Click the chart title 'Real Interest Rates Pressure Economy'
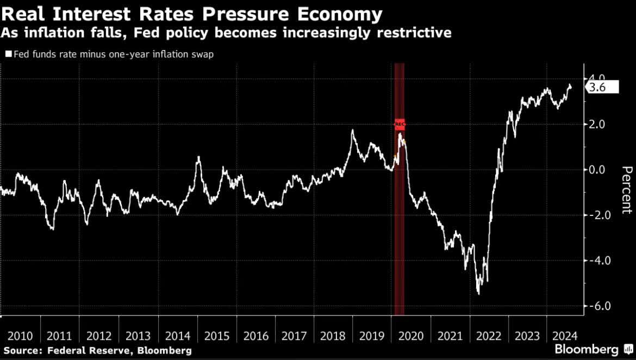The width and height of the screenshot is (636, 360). click(x=191, y=14)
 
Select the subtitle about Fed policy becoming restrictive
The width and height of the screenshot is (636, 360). click(x=226, y=33)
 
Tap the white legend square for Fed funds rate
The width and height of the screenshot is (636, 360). click(x=9, y=54)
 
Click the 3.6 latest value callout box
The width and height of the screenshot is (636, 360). click(x=602, y=87)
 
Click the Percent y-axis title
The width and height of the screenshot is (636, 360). click(x=627, y=190)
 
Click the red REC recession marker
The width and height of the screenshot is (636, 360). click(x=400, y=124)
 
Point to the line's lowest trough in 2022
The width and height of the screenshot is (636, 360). click(x=478, y=294)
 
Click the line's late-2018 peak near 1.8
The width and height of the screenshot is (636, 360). click(x=352, y=130)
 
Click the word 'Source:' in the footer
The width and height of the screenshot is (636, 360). click(x=21, y=351)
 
